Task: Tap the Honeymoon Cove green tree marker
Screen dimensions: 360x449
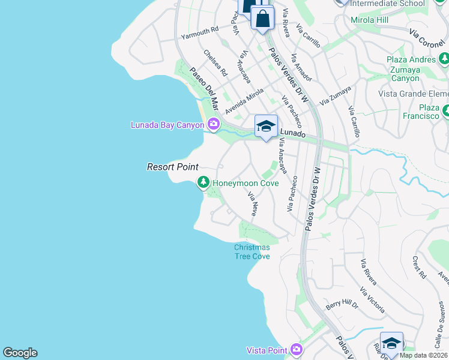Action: pos(203,182)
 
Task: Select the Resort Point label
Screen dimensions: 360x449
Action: pos(173,167)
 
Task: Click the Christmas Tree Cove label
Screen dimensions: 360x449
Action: pos(252,251)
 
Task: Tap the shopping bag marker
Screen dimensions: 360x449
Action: pos(263,19)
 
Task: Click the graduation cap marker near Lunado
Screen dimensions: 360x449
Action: pos(266,127)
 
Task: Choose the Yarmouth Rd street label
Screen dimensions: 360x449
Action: pos(200,31)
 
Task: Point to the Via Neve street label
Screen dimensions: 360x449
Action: pos(253,204)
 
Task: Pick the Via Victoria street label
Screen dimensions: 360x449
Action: pos(372,301)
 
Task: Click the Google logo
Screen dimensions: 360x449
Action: pos(20,353)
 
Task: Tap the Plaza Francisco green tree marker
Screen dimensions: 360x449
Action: pos(445,111)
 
